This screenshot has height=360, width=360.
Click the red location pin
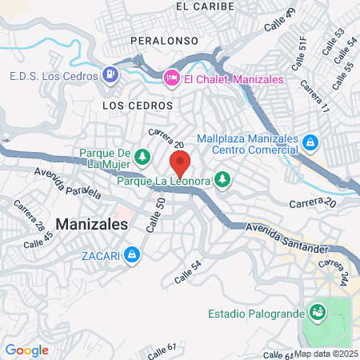(180, 165)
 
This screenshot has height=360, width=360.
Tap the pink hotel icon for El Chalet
(170, 78)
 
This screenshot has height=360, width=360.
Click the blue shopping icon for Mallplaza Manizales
(311, 143)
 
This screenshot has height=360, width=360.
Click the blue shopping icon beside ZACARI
(133, 255)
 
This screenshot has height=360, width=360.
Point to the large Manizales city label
(92, 225)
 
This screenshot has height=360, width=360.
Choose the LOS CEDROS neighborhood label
(138, 105)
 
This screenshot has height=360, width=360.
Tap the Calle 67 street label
(161, 350)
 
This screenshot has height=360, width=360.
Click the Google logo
(26, 350)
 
